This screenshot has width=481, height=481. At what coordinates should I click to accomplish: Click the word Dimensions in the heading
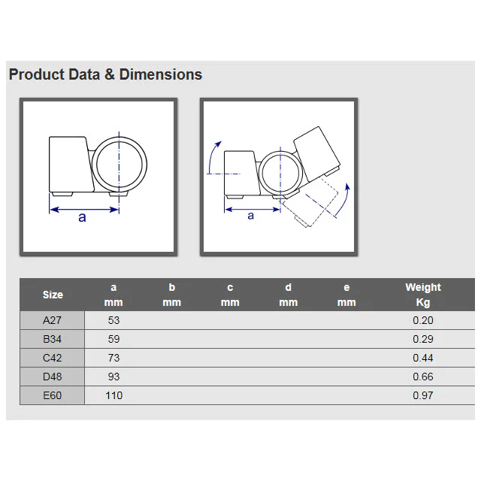[160, 74]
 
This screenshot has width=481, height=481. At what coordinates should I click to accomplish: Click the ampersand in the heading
[110, 75]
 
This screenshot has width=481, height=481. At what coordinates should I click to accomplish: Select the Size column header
[53, 295]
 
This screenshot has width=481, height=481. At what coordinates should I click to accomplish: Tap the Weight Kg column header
[423, 295]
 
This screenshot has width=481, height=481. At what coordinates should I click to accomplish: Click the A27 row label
[52, 320]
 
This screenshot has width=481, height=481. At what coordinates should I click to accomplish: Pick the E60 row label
[52, 395]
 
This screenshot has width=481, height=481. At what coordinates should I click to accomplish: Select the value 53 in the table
[113, 320]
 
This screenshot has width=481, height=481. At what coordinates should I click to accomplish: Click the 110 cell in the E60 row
[113, 395]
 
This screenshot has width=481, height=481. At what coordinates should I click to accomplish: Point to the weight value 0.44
[422, 358]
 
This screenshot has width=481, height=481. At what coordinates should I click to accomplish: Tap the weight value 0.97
[422, 395]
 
